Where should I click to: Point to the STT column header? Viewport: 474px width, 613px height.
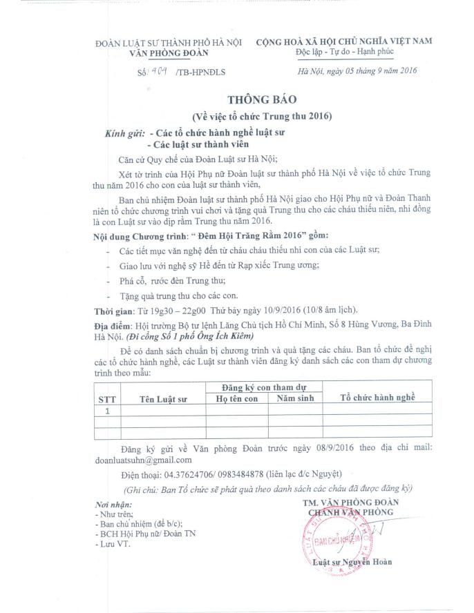tap(106, 398)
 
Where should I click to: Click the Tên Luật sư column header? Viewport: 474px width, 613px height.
tap(163, 399)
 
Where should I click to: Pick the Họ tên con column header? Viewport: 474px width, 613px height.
tap(236, 399)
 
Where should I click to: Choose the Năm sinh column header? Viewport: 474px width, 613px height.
tap(296, 398)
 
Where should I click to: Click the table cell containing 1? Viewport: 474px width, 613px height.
tap(106, 411)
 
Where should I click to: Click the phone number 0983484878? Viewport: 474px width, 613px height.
tap(236, 474)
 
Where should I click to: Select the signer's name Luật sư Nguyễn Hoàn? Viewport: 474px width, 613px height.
tap(352, 562)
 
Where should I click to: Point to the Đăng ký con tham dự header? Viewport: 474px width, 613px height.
tap(266, 389)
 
